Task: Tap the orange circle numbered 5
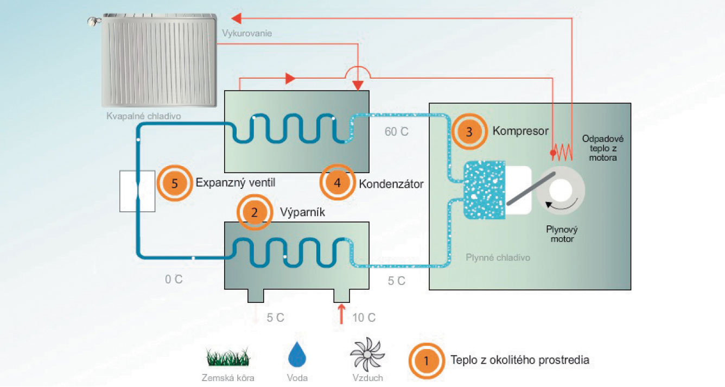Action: point(175,183)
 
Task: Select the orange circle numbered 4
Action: point(338,183)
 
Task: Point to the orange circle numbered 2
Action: point(255,212)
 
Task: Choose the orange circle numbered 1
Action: point(426,359)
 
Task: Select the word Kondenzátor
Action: point(391,183)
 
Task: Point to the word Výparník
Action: point(302,212)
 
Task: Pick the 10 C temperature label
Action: point(364,318)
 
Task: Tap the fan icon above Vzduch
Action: point(367,354)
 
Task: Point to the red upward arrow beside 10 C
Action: point(341,315)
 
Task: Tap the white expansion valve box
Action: point(138,191)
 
